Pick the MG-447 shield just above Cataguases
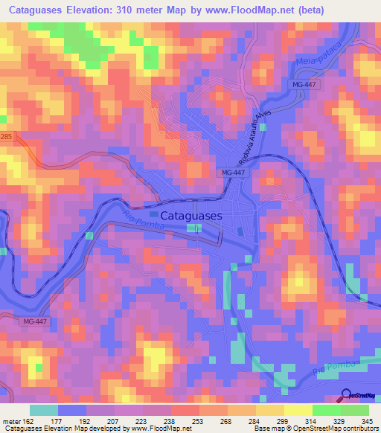click(233, 172)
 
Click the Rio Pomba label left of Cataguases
click(129, 224)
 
